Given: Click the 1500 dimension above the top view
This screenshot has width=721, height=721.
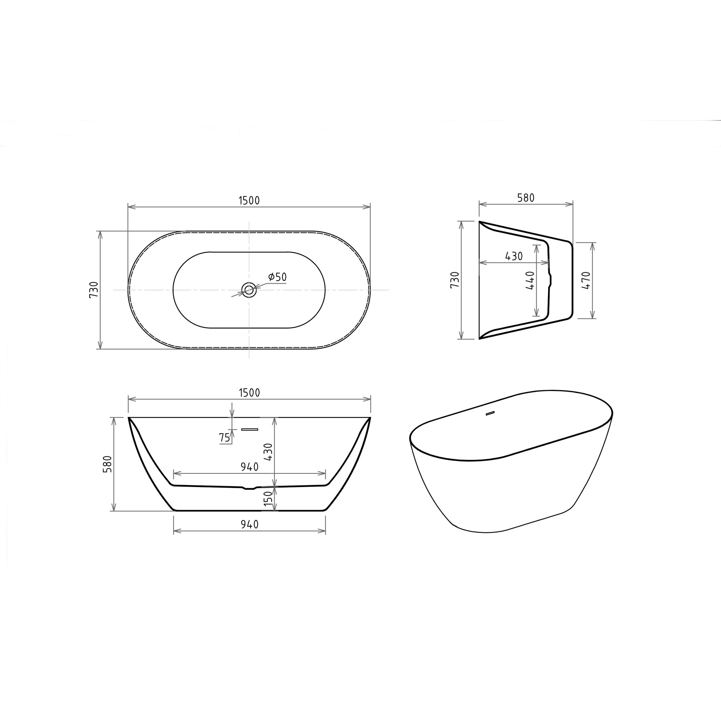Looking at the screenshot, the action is point(249,200).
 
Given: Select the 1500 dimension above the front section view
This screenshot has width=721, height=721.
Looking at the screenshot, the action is point(249,393).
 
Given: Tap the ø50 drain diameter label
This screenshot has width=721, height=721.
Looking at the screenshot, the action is point(278,276).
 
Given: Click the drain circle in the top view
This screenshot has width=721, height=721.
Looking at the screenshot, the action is point(249,290).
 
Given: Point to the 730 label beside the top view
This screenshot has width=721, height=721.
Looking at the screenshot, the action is point(94,290).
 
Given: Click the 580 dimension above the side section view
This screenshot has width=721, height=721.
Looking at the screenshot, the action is point(526,197).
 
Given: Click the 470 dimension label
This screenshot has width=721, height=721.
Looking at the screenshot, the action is point(587,280).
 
